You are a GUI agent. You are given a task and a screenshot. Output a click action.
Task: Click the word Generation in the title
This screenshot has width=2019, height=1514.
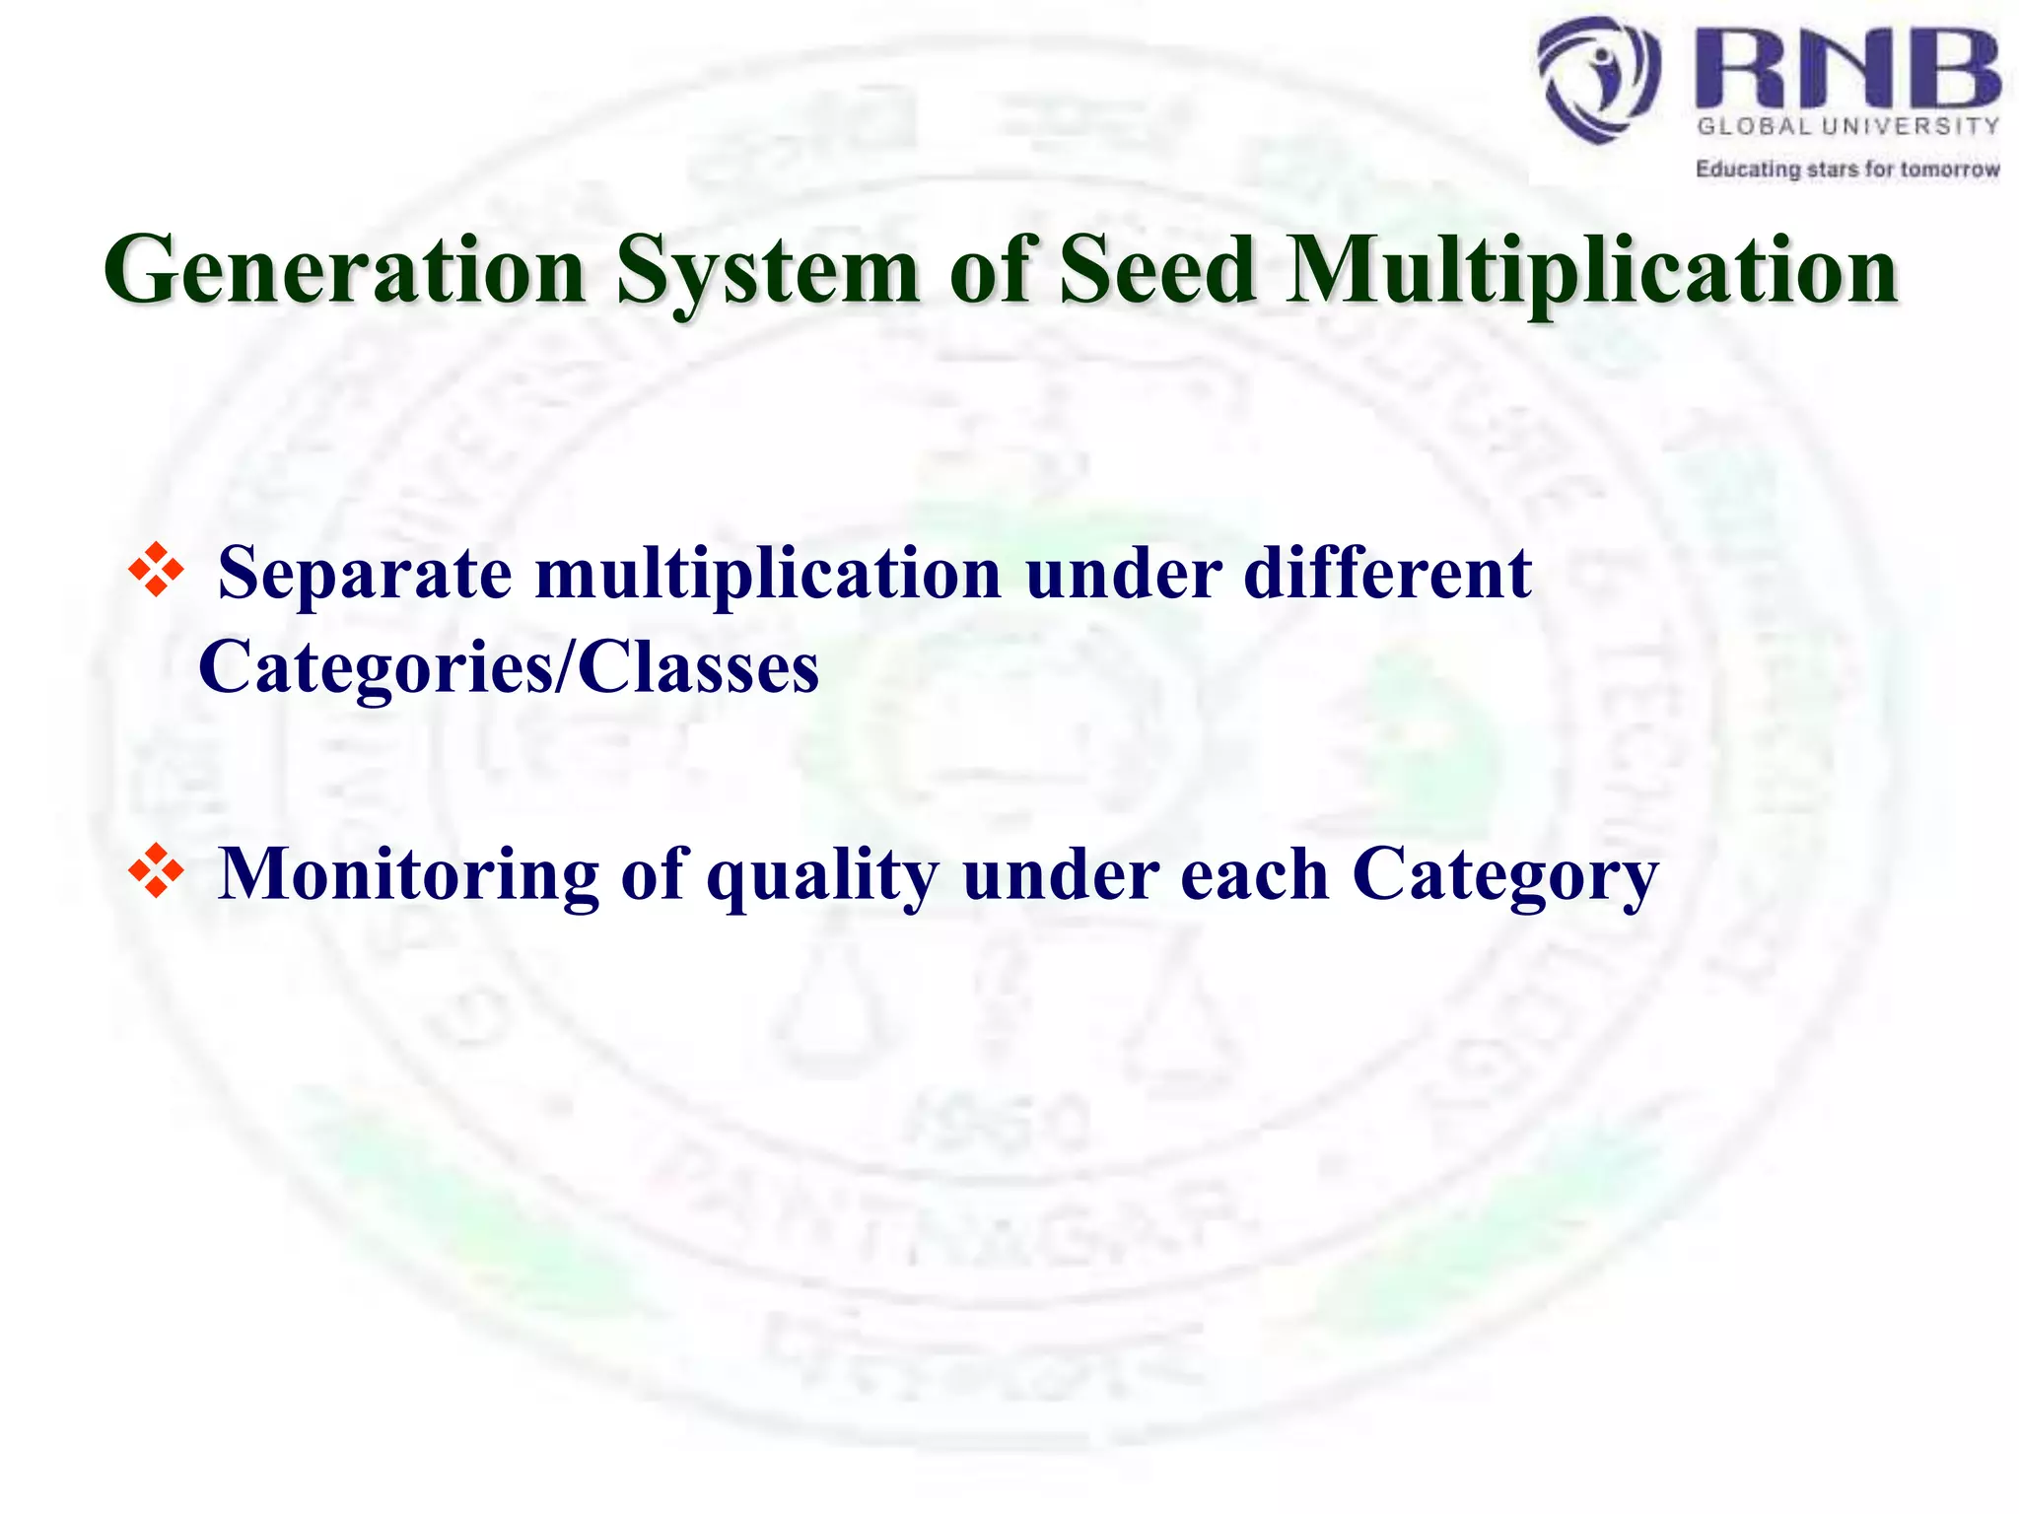point(345,270)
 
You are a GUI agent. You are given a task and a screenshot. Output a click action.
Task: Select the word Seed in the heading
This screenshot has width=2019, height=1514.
point(1157,270)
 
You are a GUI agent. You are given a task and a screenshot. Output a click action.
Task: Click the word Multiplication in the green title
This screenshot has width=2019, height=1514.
point(1591,270)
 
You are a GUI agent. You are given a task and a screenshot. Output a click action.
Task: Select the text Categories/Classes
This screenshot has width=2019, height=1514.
point(509,667)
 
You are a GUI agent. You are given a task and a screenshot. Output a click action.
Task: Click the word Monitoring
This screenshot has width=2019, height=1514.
point(408,874)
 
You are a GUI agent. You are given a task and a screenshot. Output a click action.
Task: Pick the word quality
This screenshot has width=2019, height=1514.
point(822,874)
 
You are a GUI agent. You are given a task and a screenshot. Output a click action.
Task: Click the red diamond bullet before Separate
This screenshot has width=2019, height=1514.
point(156,571)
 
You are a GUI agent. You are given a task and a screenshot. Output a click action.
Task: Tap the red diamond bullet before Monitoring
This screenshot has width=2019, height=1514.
point(156,870)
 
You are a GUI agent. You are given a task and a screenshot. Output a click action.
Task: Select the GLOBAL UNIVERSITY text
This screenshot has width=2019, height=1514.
point(1847,126)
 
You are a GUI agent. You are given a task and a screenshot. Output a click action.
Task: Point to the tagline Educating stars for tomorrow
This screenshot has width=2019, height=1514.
point(1847,170)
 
